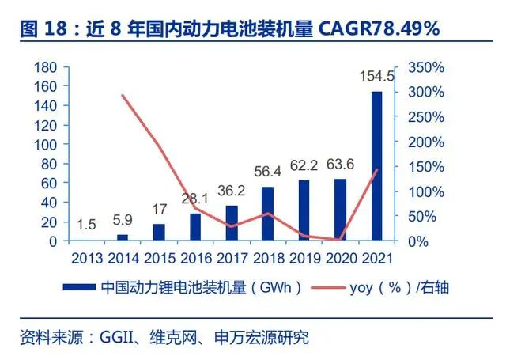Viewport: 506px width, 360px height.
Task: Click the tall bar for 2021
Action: (x=376, y=166)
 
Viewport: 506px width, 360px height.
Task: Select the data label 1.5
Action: (x=86, y=225)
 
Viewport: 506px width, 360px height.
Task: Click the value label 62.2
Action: (x=304, y=166)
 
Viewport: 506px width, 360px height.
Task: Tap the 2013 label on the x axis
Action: (x=86, y=257)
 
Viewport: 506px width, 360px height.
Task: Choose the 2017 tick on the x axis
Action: (x=232, y=257)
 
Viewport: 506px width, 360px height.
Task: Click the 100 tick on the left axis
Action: (x=47, y=145)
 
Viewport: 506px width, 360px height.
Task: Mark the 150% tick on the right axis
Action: (x=426, y=167)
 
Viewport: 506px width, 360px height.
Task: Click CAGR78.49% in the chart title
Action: (x=380, y=29)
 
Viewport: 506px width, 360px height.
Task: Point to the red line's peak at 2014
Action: (x=123, y=96)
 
